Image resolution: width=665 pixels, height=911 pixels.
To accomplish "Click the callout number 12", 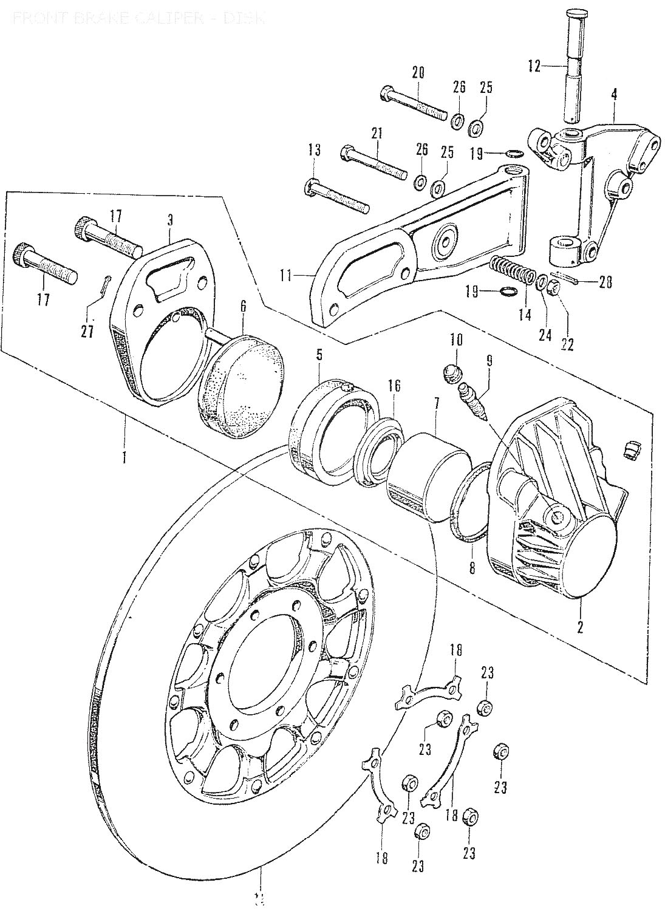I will (x=533, y=66).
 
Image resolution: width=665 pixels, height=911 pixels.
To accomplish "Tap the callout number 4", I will (x=614, y=94).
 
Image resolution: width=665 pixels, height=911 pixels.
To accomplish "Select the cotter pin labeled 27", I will (x=105, y=285).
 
